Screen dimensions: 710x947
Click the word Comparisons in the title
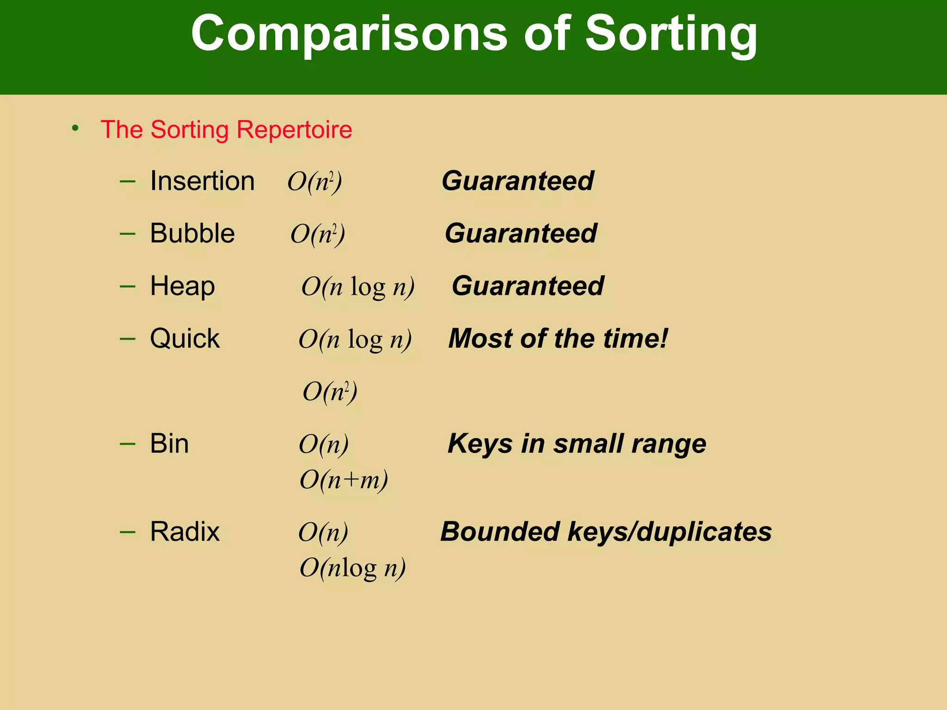pyautogui.click(x=349, y=33)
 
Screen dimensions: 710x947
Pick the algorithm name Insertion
pyautogui.click(x=202, y=181)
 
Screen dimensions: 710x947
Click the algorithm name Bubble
pyautogui.click(x=192, y=233)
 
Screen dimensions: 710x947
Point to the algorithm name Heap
pyautogui.click(x=182, y=286)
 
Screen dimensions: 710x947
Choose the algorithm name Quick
pyautogui.click(x=184, y=338)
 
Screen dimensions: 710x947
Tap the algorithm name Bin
pyautogui.click(x=169, y=444)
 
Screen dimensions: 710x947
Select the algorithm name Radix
pyautogui.click(x=184, y=532)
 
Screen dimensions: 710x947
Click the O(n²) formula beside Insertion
pyautogui.click(x=314, y=182)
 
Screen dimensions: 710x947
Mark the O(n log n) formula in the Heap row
pyautogui.click(x=358, y=287)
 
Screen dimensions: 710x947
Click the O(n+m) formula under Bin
pyautogui.click(x=344, y=480)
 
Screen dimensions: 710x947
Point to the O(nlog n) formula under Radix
pyautogui.click(x=352, y=568)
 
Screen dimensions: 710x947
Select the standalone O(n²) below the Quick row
pyautogui.click(x=330, y=392)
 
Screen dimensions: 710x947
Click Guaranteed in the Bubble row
pyautogui.click(x=521, y=233)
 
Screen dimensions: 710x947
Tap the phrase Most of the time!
pyautogui.click(x=558, y=338)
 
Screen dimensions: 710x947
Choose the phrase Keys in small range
pyautogui.click(x=577, y=444)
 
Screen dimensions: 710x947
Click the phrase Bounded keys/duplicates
pyautogui.click(x=606, y=532)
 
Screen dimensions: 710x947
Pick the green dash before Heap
pyautogui.click(x=127, y=287)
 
